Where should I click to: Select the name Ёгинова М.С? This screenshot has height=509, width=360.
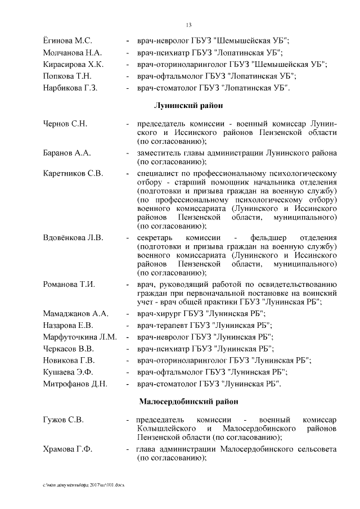[67, 40]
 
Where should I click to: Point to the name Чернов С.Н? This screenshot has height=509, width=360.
[65, 123]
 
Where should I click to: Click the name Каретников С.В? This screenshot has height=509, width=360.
[73, 173]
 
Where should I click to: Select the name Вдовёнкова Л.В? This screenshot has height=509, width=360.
[73, 237]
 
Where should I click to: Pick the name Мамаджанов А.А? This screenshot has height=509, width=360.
[75, 314]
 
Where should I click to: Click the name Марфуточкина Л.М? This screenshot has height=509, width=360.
[80, 337]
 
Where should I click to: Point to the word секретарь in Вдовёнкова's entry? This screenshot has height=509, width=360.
[155, 237]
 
